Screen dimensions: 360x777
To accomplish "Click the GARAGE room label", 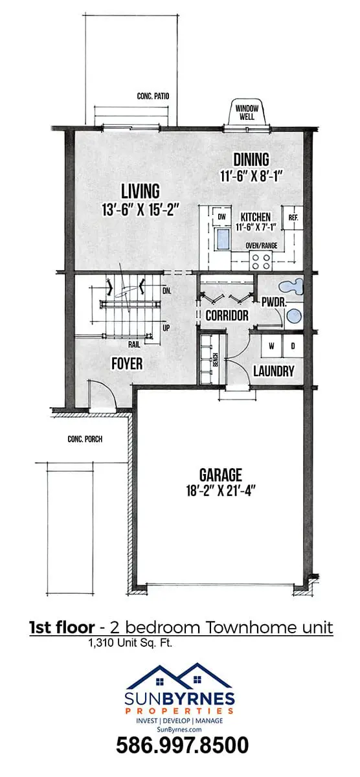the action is click(221, 475).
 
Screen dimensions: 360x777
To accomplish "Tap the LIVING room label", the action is click(141, 191).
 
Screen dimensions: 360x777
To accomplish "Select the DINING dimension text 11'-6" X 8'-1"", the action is click(250, 176).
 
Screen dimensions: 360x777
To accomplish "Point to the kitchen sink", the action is click(223, 239).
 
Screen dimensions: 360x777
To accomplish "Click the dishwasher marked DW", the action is click(221, 217).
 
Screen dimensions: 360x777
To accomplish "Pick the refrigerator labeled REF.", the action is click(293, 218).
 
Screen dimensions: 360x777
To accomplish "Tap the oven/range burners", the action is click(261, 261).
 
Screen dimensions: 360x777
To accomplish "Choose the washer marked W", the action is click(272, 346).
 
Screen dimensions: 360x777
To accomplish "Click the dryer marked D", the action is click(293, 346).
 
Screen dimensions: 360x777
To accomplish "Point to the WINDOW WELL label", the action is click(247, 113).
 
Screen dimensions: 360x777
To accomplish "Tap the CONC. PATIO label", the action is click(153, 96).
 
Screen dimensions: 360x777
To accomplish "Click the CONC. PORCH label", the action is click(85, 439).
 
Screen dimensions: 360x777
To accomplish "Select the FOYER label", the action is click(127, 363).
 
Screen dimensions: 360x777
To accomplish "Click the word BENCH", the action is click(215, 360).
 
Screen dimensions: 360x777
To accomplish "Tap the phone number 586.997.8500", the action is click(182, 745).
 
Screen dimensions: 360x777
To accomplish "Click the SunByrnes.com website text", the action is click(179, 729).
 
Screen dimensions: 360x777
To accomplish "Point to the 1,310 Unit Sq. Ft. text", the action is click(130, 643).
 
